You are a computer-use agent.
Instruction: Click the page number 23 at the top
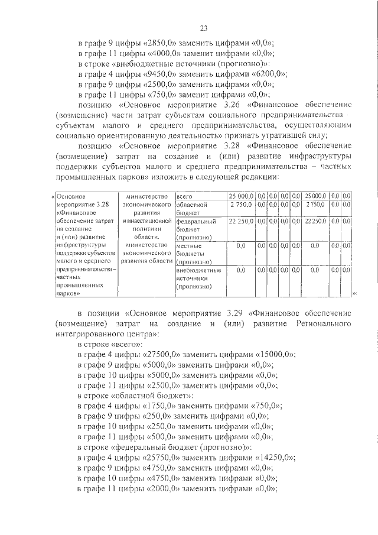click(203, 27)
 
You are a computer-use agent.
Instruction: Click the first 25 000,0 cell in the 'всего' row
click(241, 195)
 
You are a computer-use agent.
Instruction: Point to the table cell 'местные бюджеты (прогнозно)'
click(194, 252)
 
